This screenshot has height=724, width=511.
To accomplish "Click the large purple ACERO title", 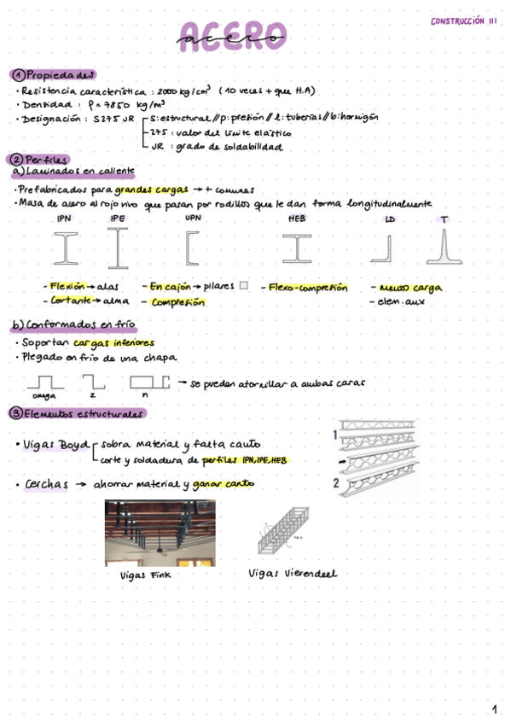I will pos(233,37).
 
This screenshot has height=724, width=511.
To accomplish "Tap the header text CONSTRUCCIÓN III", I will pos(463,21).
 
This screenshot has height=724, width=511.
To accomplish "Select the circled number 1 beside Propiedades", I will pos(17,74).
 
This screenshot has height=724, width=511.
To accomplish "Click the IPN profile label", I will pos(64,219).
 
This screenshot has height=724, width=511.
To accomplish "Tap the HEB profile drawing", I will pos(297,248).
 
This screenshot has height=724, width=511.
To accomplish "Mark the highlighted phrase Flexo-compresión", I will pos(308,288).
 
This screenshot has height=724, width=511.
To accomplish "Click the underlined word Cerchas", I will pos(47,484).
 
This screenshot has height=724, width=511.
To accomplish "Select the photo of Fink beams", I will pos(160,534).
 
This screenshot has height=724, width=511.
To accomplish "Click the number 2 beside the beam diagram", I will pos(337,482).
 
